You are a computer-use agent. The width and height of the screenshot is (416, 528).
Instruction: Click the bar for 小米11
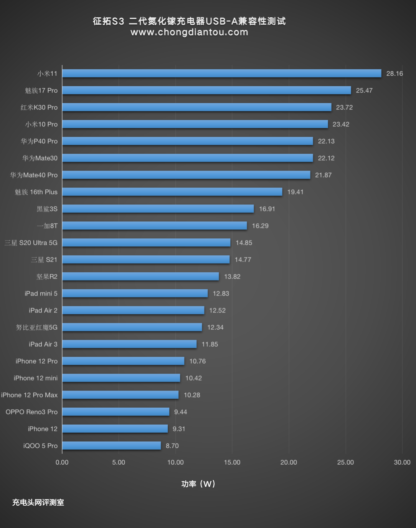[x=222, y=73]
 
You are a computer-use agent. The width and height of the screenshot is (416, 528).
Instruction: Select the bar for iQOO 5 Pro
[x=112, y=446]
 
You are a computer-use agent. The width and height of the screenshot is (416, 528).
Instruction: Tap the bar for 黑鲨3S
[x=158, y=209]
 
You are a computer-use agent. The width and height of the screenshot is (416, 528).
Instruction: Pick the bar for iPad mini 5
[x=135, y=294]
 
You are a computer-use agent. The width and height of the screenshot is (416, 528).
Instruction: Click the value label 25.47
[x=364, y=91]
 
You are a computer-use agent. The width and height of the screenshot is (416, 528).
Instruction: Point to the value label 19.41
[x=295, y=192]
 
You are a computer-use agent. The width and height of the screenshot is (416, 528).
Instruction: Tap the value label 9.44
[x=181, y=412]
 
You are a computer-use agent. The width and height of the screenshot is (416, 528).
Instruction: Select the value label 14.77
[x=243, y=260]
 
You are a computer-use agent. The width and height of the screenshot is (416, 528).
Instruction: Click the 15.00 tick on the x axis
[x=232, y=462]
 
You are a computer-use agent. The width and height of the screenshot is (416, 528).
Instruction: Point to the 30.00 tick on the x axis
[x=402, y=462]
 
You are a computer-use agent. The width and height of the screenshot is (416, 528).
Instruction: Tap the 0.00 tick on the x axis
[x=62, y=462]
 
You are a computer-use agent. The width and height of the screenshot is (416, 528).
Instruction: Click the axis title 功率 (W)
[x=198, y=484]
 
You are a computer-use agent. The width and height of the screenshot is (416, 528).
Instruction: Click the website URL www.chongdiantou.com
[x=189, y=32]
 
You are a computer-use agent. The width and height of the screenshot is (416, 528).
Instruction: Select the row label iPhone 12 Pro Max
[x=29, y=395]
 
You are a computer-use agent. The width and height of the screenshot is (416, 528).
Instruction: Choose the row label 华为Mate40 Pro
[x=34, y=175]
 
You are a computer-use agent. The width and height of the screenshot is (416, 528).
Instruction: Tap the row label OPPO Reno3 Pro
[x=31, y=412]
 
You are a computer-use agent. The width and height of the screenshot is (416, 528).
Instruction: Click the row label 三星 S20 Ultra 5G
[x=31, y=243]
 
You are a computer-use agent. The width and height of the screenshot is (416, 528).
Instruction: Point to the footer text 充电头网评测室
[x=38, y=503]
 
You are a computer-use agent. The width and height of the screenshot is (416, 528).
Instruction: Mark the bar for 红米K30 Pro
[x=197, y=107]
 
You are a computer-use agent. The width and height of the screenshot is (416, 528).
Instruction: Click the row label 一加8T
[x=47, y=226]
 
